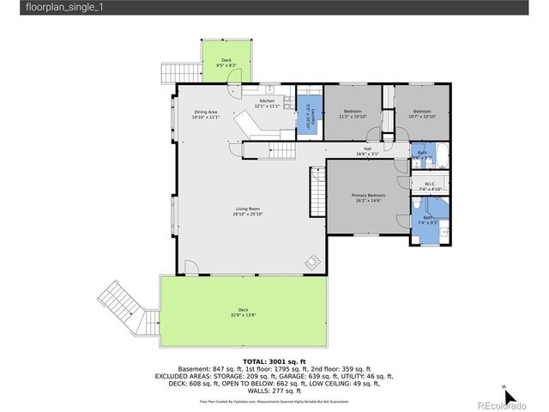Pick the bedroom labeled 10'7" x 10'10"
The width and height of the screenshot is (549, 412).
tap(421, 114)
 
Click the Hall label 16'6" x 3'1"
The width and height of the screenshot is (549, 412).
tap(367, 151)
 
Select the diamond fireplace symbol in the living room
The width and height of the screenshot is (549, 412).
tap(313, 261)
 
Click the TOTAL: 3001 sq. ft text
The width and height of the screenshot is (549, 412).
tap(274, 361)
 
